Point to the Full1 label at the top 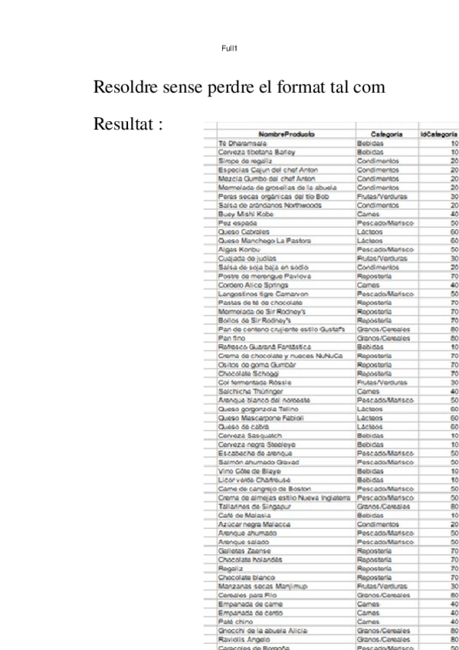pyautogui.click(x=229, y=48)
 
